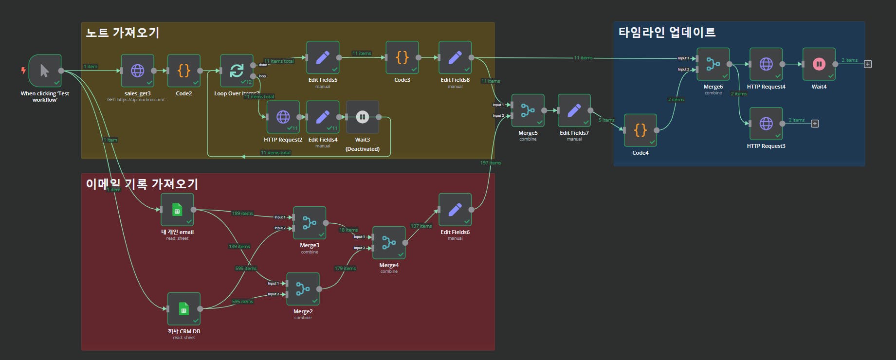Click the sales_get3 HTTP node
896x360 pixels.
pyautogui.click(x=138, y=71)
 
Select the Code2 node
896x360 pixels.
pyautogui.click(x=183, y=71)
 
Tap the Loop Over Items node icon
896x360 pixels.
pyautogui.click(x=237, y=71)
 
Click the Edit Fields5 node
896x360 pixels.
pyautogui.click(x=323, y=57)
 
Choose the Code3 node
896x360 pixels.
pyautogui.click(x=402, y=57)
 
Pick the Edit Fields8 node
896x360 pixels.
pyautogui.click(x=455, y=57)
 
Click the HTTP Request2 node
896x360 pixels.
pyautogui.click(x=283, y=117)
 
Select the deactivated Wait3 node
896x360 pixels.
pyautogui.click(x=362, y=117)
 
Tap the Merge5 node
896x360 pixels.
pyautogui.click(x=528, y=110)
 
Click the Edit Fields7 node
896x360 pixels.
pyautogui.click(x=574, y=110)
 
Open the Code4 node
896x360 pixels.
pyautogui.click(x=640, y=130)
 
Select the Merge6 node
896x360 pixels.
pyautogui.click(x=713, y=64)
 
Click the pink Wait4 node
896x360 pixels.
pyautogui.click(x=819, y=64)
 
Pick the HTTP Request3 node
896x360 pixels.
pyautogui.click(x=766, y=124)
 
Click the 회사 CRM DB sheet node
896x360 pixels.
pyautogui.click(x=183, y=308)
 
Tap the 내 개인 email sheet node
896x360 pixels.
pyautogui.click(x=177, y=210)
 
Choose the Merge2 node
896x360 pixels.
pyautogui.click(x=303, y=289)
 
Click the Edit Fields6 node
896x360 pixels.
pyautogui.click(x=455, y=210)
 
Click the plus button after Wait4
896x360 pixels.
pyautogui.click(x=867, y=64)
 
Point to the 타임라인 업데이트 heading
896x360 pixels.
pyautogui.click(x=667, y=33)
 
